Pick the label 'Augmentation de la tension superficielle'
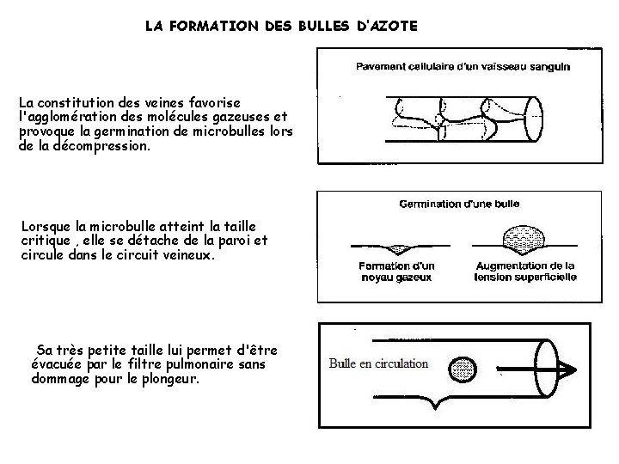point(526,272)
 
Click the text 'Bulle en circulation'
point(379,363)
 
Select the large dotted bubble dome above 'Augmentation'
point(525,237)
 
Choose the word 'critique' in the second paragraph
point(45,241)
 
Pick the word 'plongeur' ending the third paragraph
point(169,378)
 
